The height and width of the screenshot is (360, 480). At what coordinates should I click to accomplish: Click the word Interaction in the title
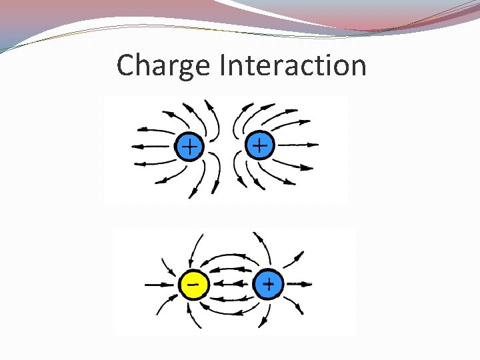[293, 65]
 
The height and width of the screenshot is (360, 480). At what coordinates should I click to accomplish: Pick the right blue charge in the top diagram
[261, 145]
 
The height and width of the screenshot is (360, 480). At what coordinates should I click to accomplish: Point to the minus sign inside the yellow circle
[193, 284]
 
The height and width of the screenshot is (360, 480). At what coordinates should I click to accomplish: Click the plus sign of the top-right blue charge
[261, 145]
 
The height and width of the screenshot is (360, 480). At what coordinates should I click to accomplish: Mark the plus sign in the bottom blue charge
[268, 285]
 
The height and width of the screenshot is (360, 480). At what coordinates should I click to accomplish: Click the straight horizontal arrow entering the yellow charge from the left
[160, 285]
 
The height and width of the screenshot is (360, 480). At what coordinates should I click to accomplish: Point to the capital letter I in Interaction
[222, 65]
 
